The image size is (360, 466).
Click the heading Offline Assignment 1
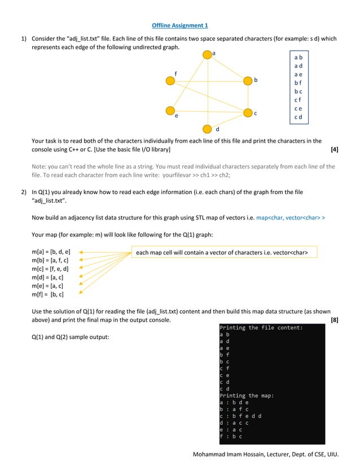tap(180, 25)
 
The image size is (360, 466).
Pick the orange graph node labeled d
tap(207, 129)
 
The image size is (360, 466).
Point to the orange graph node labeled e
tap(170, 111)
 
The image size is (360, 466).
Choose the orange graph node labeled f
tap(170, 81)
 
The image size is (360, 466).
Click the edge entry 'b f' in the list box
tap(298, 83)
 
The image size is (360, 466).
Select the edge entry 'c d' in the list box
tap(298, 117)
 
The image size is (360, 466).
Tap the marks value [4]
tap(334, 150)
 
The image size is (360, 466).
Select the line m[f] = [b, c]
tap(47, 294)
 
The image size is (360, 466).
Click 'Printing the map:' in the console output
tap(247, 395)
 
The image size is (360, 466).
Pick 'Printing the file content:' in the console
tap(261, 327)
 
